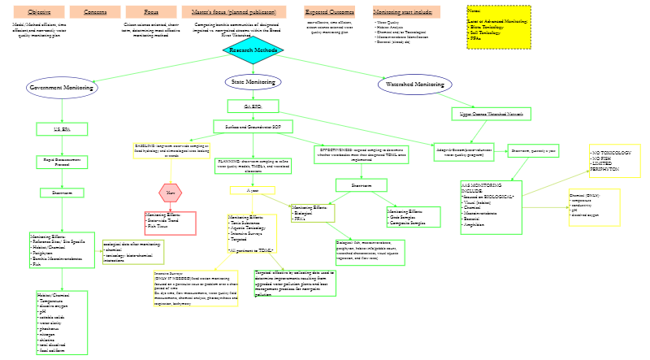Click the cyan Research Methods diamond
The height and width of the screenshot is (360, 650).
(x=253, y=50)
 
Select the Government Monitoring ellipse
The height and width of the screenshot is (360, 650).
(x=62, y=88)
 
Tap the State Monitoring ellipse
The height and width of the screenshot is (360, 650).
(x=253, y=82)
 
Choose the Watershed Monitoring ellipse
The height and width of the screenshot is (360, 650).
(x=414, y=85)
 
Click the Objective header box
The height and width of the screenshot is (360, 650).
(x=39, y=12)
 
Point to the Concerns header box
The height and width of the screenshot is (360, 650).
(x=95, y=12)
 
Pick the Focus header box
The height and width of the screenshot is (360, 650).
(x=151, y=12)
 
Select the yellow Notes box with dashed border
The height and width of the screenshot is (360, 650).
(x=498, y=27)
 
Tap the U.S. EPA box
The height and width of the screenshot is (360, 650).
(x=62, y=128)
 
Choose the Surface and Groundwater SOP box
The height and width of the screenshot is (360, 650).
(x=253, y=127)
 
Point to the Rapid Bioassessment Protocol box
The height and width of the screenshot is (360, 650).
(x=62, y=162)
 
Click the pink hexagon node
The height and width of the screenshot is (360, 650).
(x=171, y=193)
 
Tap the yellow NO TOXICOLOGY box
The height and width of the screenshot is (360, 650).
(x=614, y=161)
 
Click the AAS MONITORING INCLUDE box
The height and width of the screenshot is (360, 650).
(x=491, y=207)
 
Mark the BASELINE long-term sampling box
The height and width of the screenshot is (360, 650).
(x=171, y=150)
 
